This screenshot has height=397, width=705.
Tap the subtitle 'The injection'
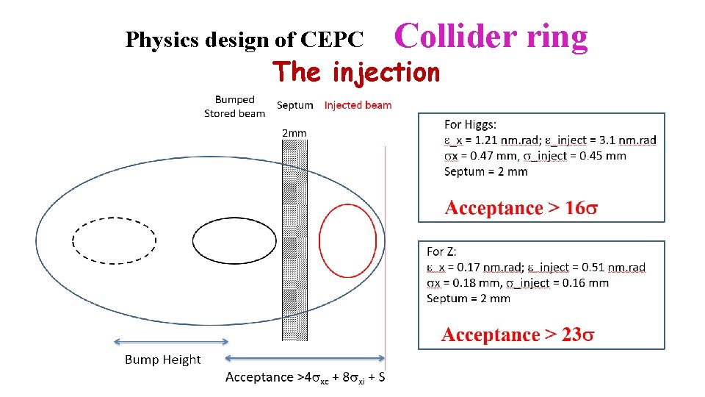[356, 72]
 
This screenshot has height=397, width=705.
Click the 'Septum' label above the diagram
[294, 105]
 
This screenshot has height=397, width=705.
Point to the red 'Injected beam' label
[358, 105]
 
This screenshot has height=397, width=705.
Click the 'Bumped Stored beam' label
[234, 107]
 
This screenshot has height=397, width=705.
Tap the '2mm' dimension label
[294, 133]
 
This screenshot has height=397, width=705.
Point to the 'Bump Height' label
[162, 360]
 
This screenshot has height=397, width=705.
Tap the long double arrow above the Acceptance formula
[304, 359]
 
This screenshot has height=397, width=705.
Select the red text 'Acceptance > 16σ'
[521, 208]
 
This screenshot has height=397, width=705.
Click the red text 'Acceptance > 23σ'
[518, 335]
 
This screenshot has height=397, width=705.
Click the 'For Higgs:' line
[470, 124]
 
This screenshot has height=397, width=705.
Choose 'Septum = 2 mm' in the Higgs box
[485, 171]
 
